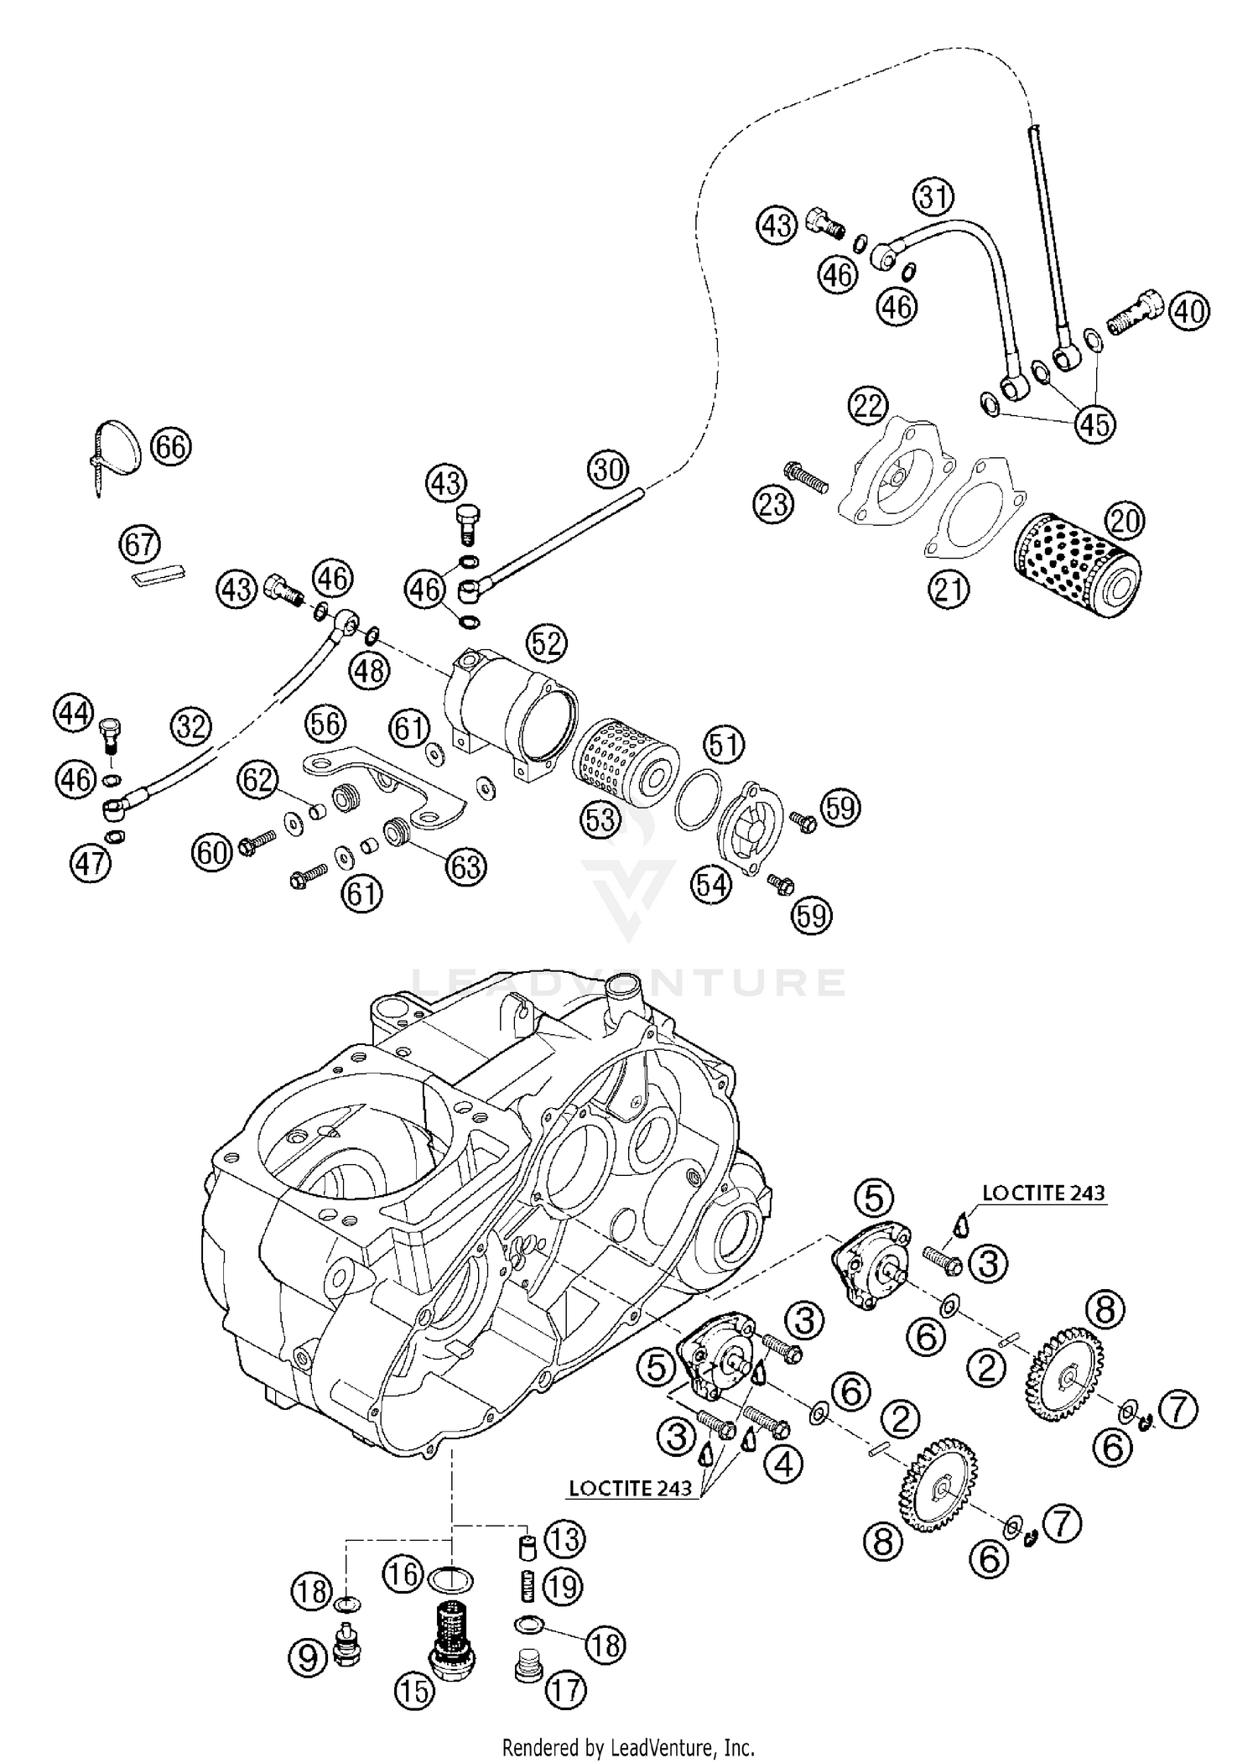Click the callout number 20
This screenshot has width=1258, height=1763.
tap(1124, 521)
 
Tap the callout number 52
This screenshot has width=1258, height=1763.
tap(547, 644)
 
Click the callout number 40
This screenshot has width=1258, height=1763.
tap(1189, 312)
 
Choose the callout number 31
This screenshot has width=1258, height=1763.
tap(933, 198)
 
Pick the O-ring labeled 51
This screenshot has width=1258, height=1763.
tap(698, 799)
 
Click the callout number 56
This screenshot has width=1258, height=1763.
tap(325, 723)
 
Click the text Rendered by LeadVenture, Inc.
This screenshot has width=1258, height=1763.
tap(628, 1748)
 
